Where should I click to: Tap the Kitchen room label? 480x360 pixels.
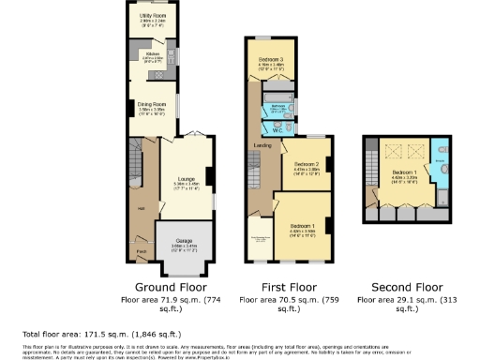click(x=152, y=54)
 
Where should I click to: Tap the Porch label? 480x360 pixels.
click(x=142, y=252)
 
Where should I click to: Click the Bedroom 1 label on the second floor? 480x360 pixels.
click(x=404, y=173)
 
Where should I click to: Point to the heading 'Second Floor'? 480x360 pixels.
click(x=405, y=287)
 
